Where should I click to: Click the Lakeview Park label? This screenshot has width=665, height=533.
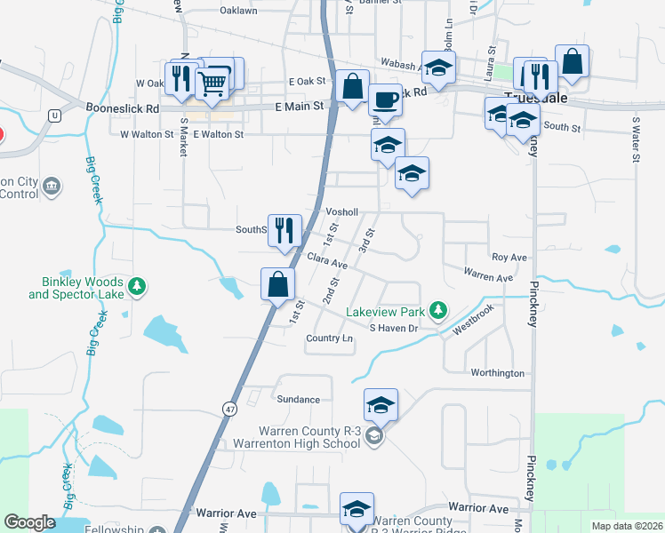pos(384,312)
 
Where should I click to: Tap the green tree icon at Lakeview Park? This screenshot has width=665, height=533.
pos(437,310)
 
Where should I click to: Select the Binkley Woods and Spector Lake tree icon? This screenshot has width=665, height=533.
pos(137,286)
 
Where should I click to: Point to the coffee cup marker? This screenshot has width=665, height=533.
pos(385,99)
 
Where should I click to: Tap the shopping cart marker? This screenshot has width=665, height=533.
pos(213,83)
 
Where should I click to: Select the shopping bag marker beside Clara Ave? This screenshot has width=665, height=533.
pos(278,285)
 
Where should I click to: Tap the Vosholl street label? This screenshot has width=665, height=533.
pos(341,212)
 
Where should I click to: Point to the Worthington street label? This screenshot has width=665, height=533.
pos(497,373)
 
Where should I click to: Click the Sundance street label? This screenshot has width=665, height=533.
pos(297,399)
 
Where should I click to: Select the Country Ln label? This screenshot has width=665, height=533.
pos(329,338)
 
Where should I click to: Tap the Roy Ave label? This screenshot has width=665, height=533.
pos(509,258)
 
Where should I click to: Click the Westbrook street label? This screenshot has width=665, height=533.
pos(473,321)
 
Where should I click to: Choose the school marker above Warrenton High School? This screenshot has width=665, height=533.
pos(381,406)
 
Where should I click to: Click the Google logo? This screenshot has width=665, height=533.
pos(30,522)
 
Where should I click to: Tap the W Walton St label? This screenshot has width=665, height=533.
pos(143,134)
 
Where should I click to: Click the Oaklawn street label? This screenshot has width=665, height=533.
pos(237,12)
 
